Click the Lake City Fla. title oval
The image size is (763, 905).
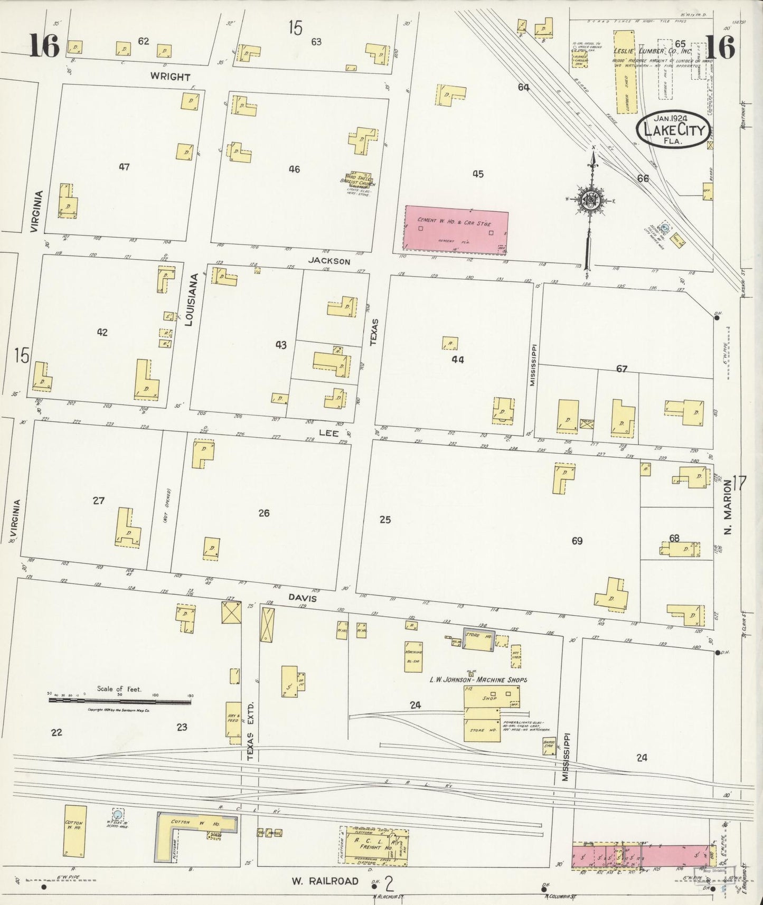tap(672, 130)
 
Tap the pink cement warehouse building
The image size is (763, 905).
tap(455, 230)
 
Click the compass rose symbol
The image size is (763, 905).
tap(589, 199)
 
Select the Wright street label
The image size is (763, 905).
tap(170, 77)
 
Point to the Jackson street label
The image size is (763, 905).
tap(329, 261)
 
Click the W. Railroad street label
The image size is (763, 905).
tap(325, 881)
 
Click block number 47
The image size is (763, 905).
tap(124, 167)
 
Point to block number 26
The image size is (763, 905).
tap(263, 513)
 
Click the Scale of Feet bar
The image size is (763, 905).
tap(120, 701)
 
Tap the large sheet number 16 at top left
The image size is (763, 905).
tap(44, 45)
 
